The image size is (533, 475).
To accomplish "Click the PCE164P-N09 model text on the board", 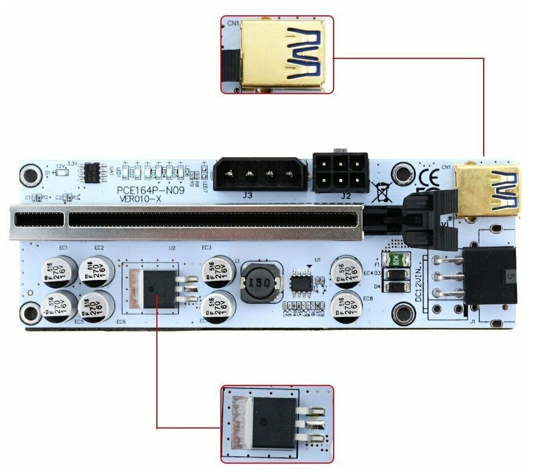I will (x=150, y=190).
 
